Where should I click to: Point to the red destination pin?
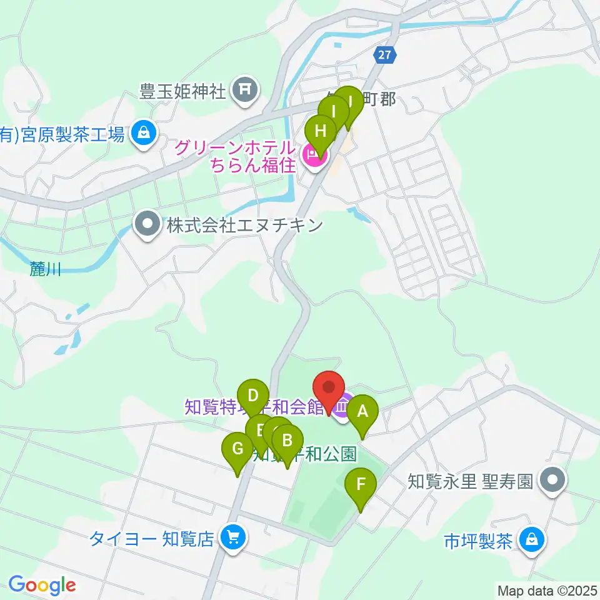coord(329,390)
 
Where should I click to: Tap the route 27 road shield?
coord(385,55)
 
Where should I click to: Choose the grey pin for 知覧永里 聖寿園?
coord(553,481)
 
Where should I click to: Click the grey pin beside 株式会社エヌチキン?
coord(148,224)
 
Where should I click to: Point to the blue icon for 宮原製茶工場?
coord(144,133)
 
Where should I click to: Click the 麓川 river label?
coord(46,269)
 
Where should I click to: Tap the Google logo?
coord(42,586)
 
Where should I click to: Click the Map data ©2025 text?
coord(547,590)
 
